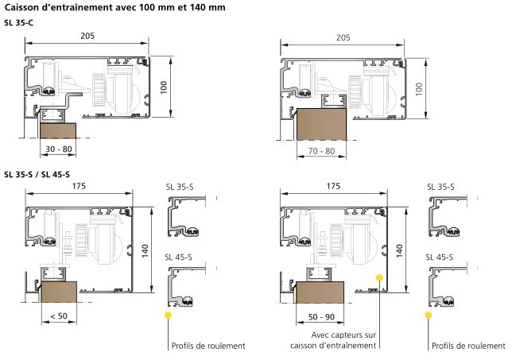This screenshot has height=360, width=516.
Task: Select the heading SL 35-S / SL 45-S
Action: click(37, 174)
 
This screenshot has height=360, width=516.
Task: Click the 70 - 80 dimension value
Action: click(321, 149)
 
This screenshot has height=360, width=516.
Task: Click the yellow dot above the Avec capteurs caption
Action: click(380, 278)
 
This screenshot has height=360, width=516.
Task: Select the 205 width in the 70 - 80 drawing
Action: click(343, 38)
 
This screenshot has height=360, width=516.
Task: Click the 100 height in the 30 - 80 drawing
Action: click(165, 87)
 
